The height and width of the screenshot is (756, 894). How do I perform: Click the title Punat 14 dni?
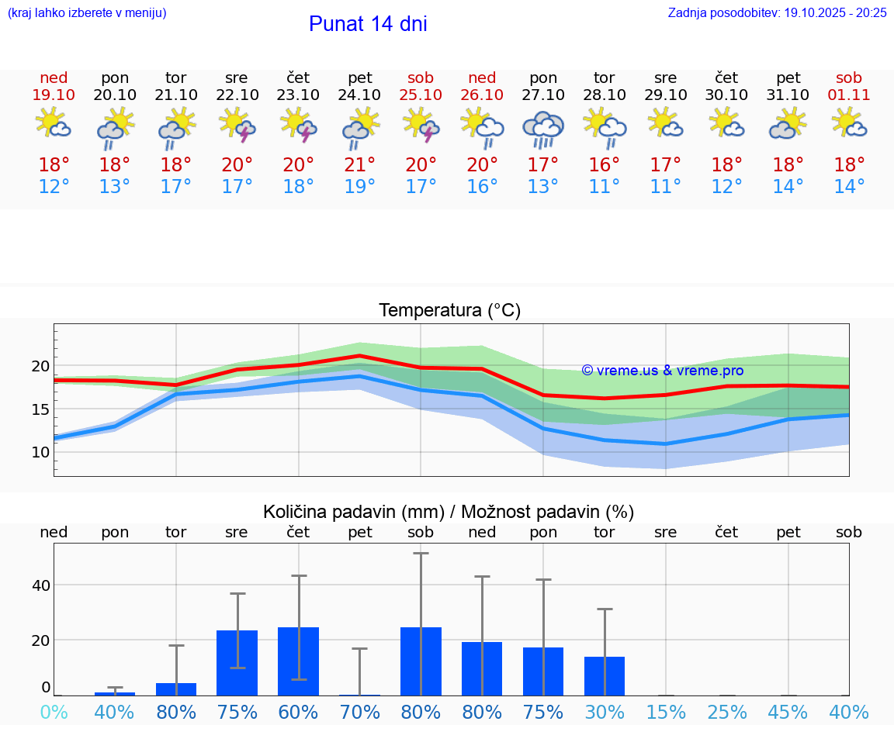click(x=368, y=24)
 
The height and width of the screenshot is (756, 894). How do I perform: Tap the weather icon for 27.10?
click(x=543, y=128)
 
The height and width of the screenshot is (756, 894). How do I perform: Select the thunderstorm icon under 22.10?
click(x=237, y=125)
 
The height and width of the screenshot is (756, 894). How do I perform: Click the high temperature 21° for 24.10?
click(x=360, y=164)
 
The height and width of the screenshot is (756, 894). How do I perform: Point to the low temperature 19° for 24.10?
click(x=360, y=186)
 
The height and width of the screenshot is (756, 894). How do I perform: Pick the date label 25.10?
click(x=421, y=95)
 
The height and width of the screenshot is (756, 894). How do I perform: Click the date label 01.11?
click(x=849, y=95)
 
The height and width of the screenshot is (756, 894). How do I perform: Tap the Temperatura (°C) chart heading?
click(x=449, y=310)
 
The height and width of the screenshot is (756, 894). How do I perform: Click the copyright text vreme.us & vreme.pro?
click(x=663, y=371)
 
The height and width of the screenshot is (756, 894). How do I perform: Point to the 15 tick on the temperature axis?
click(x=40, y=409)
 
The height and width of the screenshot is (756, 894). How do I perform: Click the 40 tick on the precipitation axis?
click(x=40, y=585)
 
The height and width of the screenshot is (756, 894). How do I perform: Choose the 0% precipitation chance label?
click(x=54, y=712)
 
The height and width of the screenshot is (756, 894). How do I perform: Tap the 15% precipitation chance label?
click(x=666, y=712)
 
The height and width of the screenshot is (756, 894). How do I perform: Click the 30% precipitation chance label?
click(x=605, y=712)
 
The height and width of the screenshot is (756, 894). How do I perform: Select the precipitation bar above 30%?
click(x=605, y=676)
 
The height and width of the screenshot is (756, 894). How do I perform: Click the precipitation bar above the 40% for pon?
click(x=115, y=693)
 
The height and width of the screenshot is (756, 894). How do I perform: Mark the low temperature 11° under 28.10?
click(x=605, y=186)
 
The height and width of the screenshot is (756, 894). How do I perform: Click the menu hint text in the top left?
click(x=87, y=12)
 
